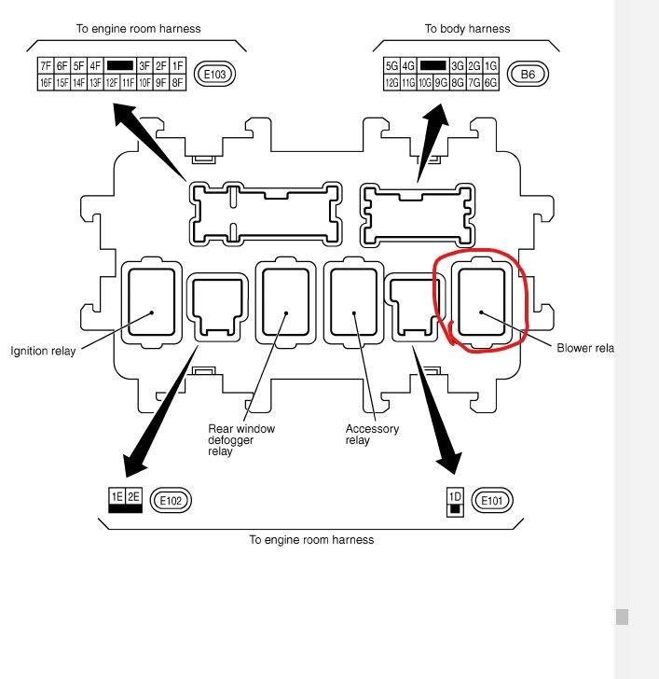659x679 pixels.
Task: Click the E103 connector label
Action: coord(215,74)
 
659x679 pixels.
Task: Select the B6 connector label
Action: coord(527,74)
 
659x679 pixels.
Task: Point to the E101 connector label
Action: coord(493,501)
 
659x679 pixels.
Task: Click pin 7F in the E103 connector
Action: coord(46,65)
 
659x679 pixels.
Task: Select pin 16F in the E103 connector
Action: coord(46,83)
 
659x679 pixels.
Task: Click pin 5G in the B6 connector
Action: coord(392,65)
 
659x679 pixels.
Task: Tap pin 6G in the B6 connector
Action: coord(491,83)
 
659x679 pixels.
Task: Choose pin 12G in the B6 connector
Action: coord(392,83)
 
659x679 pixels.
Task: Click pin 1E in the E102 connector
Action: coord(117,497)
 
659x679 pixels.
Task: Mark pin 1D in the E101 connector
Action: coord(455,496)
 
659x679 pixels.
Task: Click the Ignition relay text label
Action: coord(43,352)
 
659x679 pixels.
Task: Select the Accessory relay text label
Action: coord(372,435)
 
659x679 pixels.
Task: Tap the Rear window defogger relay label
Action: coord(241,439)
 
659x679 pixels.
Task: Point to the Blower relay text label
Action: coord(585,349)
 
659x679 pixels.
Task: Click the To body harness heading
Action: coord(467,29)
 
